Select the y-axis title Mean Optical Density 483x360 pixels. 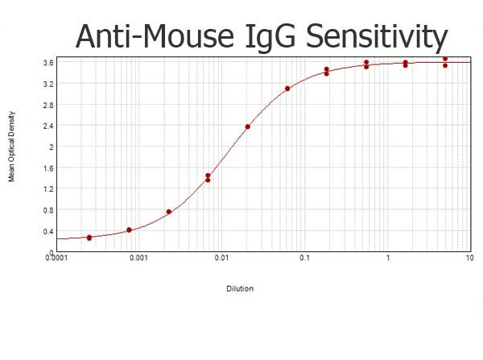pos(12,153)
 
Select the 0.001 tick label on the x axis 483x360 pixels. pos(139,259)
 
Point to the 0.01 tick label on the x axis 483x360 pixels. pos(222,259)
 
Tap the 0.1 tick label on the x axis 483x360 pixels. pos(305,259)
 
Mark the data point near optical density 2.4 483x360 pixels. pos(248,126)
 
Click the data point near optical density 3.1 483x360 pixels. pos(287,89)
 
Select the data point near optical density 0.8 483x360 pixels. pos(169,212)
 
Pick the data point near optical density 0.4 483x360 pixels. pos(129,230)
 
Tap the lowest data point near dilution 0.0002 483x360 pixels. pos(89,238)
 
